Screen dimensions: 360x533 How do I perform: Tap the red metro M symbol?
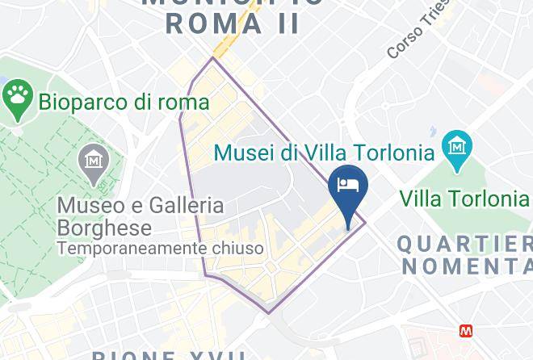[x=466, y=331]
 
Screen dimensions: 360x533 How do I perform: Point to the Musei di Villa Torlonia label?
[x=324, y=151]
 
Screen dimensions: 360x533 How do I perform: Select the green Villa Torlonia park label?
[x=464, y=198]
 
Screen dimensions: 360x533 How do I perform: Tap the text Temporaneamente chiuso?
[x=160, y=249]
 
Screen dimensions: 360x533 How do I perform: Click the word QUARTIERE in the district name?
[x=464, y=242]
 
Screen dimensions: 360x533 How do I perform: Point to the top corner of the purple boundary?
[x=213, y=57]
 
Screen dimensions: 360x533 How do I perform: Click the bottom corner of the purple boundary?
[x=268, y=312]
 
